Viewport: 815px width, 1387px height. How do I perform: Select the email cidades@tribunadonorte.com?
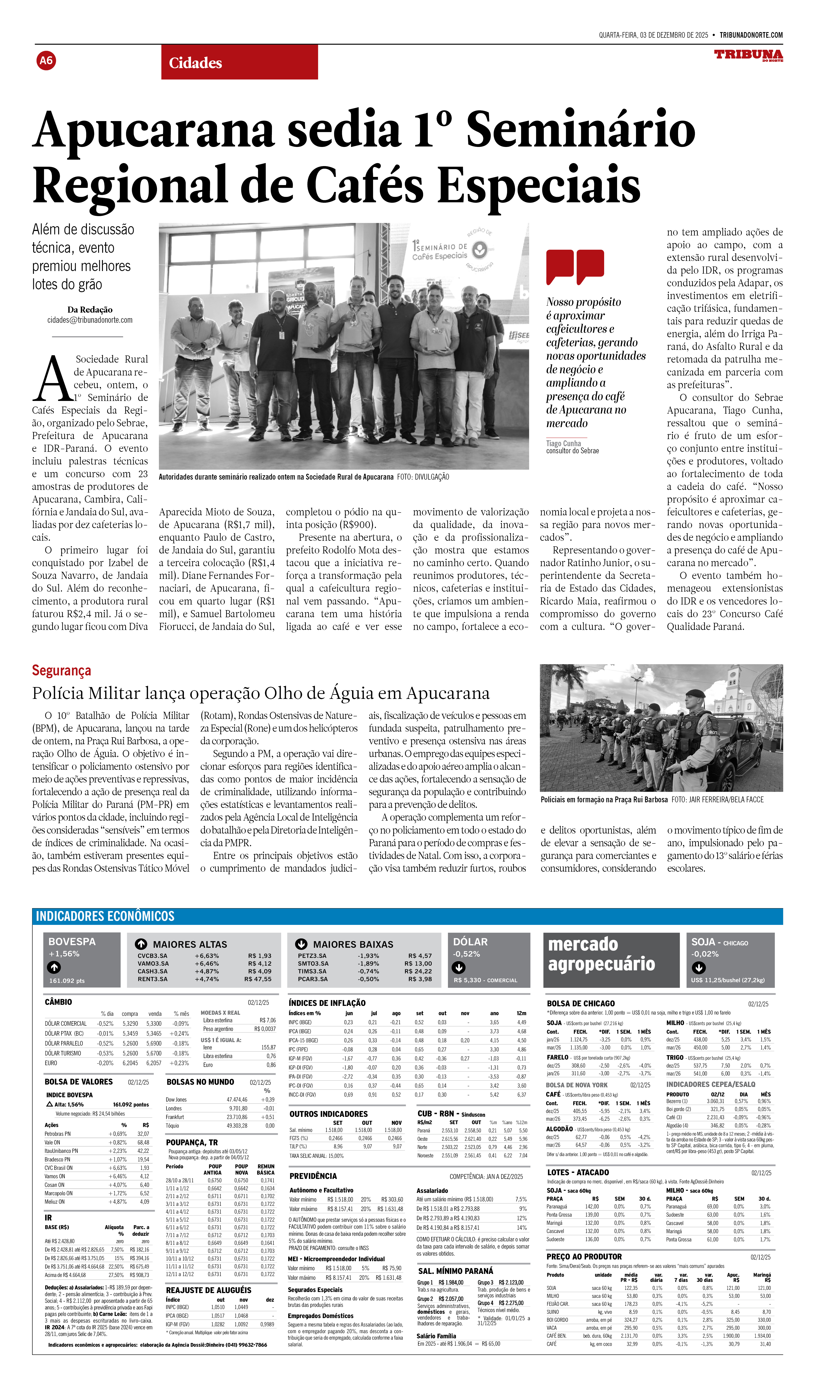90,320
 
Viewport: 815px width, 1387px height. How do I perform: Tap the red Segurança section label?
61,670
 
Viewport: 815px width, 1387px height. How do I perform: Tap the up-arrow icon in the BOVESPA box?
54,967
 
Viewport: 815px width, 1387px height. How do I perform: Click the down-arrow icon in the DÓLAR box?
459,967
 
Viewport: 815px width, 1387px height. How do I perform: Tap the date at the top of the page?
653,35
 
